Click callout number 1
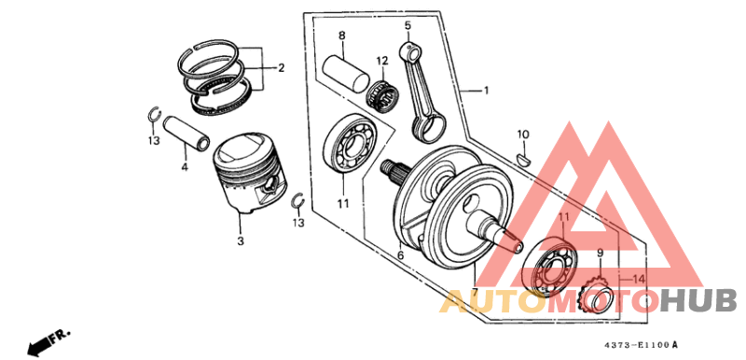[486, 91]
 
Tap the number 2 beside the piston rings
[280, 68]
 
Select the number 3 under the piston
[240, 242]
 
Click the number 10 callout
[523, 134]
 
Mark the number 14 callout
[637, 279]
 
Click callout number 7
[474, 294]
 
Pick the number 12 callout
[381, 62]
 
